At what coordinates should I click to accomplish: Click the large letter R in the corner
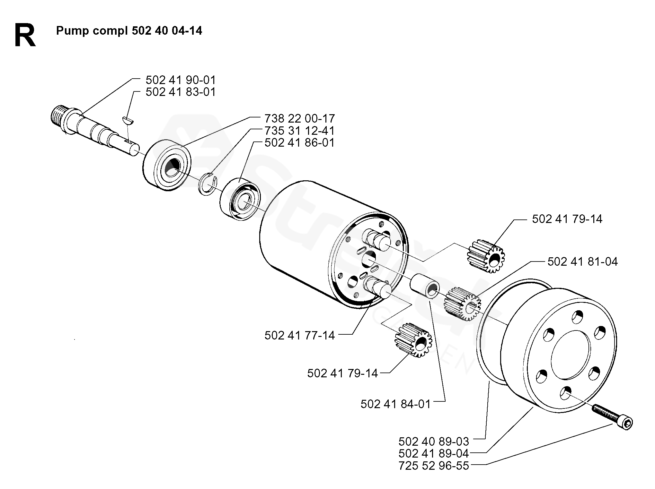[25, 36]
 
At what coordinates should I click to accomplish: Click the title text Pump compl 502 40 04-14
[129, 31]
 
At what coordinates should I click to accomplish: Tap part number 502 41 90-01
[181, 80]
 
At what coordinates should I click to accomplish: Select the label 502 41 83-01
[181, 92]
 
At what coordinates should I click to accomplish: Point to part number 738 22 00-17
[299, 119]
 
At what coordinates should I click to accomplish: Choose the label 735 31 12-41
[299, 131]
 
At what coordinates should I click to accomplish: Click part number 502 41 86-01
[299, 143]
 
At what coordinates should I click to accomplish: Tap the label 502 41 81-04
[582, 262]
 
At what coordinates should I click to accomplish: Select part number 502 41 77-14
[299, 336]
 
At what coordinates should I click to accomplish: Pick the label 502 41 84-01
[395, 404]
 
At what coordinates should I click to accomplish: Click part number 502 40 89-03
[434, 442]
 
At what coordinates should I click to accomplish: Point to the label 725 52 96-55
[434, 466]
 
